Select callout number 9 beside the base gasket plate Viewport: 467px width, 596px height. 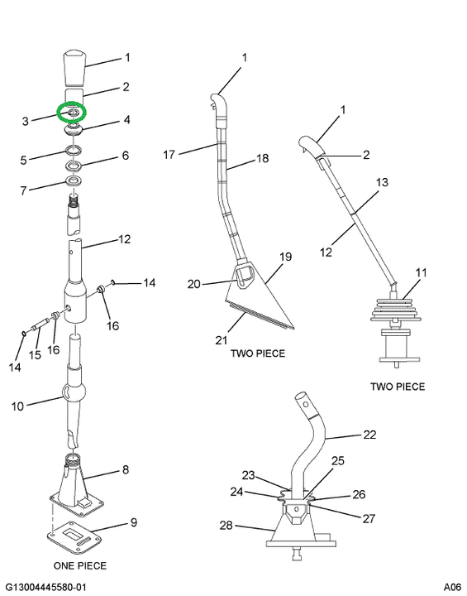click(x=134, y=522)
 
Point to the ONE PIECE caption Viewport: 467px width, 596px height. click(x=80, y=565)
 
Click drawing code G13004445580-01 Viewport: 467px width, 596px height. click(x=46, y=587)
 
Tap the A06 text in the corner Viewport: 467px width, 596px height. click(x=453, y=587)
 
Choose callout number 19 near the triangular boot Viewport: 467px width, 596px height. click(x=285, y=257)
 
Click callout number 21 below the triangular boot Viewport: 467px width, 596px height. click(x=221, y=340)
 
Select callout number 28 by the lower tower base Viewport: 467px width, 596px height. click(x=226, y=525)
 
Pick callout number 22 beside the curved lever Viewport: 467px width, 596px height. click(x=369, y=434)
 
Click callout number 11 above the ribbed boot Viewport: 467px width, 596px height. click(x=421, y=272)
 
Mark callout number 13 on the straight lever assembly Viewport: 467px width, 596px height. click(x=383, y=182)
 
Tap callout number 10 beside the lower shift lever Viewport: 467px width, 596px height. click(x=17, y=406)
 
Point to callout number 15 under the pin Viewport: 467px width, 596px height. click(x=35, y=354)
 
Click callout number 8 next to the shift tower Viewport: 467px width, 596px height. click(x=126, y=470)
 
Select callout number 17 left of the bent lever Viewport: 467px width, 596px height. click(x=169, y=154)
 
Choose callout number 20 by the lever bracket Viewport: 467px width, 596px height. click(x=193, y=284)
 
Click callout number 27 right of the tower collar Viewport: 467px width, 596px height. click(x=369, y=518)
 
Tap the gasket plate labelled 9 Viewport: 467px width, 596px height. click(x=75, y=538)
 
